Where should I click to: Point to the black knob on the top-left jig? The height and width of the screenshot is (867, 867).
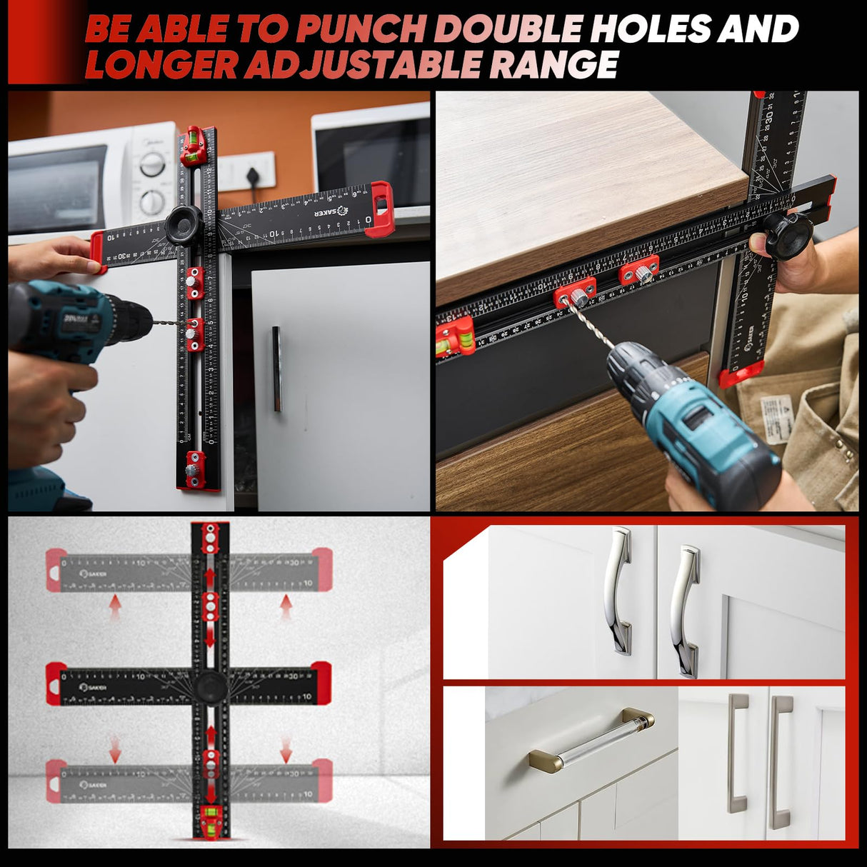coord(184,225)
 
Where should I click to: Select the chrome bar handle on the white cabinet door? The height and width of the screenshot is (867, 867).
coord(277,369)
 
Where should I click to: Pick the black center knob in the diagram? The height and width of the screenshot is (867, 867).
coord(211,686)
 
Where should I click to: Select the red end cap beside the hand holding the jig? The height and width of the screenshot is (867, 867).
coord(98,251)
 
